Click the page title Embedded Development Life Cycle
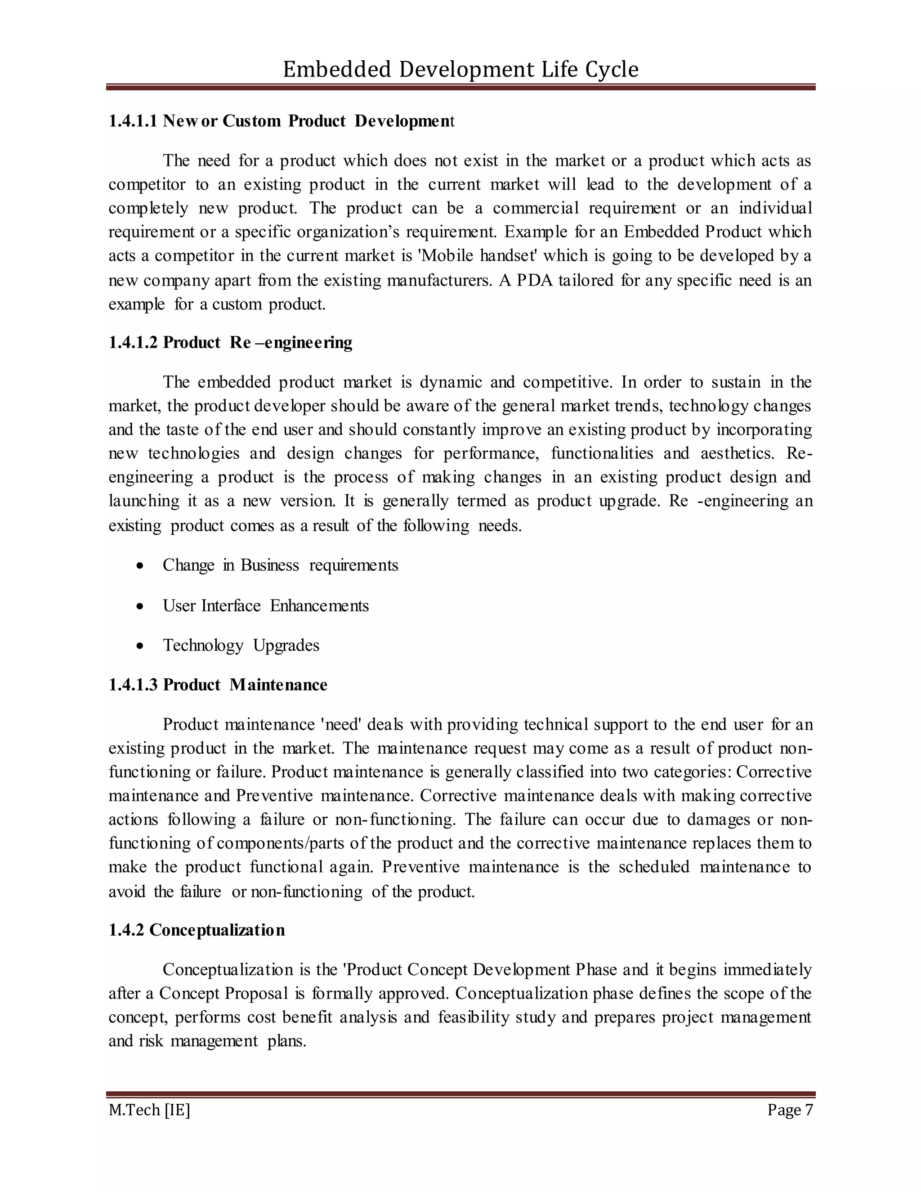pyautogui.click(x=460, y=70)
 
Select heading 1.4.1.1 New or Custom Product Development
pyautogui.click(x=281, y=121)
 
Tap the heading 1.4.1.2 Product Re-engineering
pyautogui.click(x=230, y=343)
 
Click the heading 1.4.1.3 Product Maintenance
pyautogui.click(x=218, y=685)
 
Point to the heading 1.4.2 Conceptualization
pyautogui.click(x=197, y=930)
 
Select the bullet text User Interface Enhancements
pyautogui.click(x=265, y=606)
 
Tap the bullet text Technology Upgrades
pyautogui.click(x=241, y=645)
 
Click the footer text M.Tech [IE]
pyautogui.click(x=149, y=1110)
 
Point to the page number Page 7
pyautogui.click(x=790, y=1110)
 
